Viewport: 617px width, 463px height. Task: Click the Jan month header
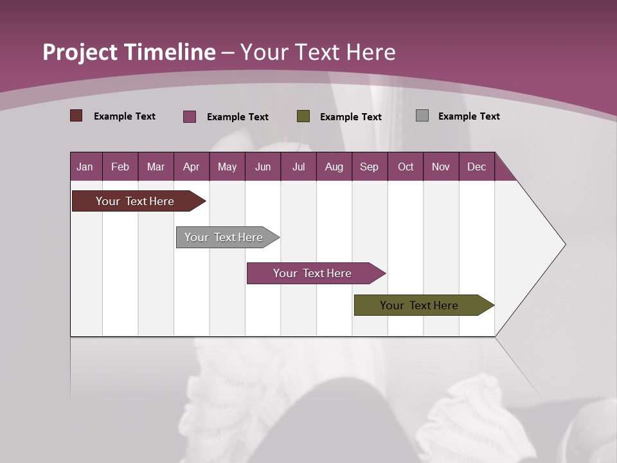85,167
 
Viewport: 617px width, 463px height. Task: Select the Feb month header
120,167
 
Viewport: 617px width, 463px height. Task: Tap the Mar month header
156,167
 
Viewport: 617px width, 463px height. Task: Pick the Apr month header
192,167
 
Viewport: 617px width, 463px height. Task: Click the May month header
227,167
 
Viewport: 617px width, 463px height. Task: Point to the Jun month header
263,167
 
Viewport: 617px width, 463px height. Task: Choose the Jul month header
298,167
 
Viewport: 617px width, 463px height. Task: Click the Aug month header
334,167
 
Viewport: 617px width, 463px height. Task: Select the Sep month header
370,167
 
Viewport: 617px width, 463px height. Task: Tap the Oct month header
406,167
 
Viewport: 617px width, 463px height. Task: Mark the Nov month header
441,167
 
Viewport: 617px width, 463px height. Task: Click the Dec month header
477,167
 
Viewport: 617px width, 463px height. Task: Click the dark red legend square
76,116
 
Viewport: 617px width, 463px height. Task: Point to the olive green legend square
303,116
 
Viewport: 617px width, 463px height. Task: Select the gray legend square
422,116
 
